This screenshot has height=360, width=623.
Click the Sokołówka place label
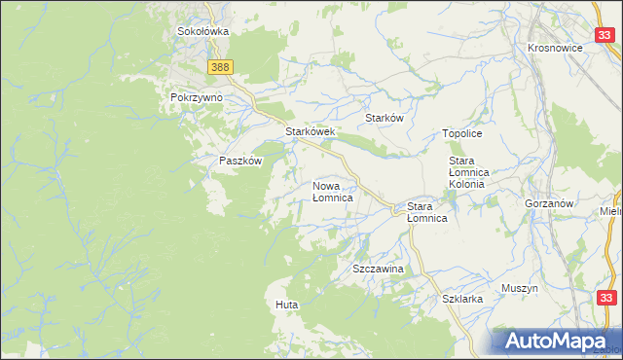202,31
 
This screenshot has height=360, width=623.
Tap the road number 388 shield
220,65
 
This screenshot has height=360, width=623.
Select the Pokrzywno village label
197,98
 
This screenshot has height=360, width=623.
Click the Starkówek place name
310,131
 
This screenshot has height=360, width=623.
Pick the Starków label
384,118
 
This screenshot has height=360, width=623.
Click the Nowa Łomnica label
332,191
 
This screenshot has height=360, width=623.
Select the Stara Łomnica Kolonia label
473,171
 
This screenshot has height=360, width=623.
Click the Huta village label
286,305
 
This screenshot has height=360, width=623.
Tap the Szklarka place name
462,300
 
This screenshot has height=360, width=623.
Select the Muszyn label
520,288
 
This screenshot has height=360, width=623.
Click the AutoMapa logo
558,342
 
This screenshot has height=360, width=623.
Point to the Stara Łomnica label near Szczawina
426,212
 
